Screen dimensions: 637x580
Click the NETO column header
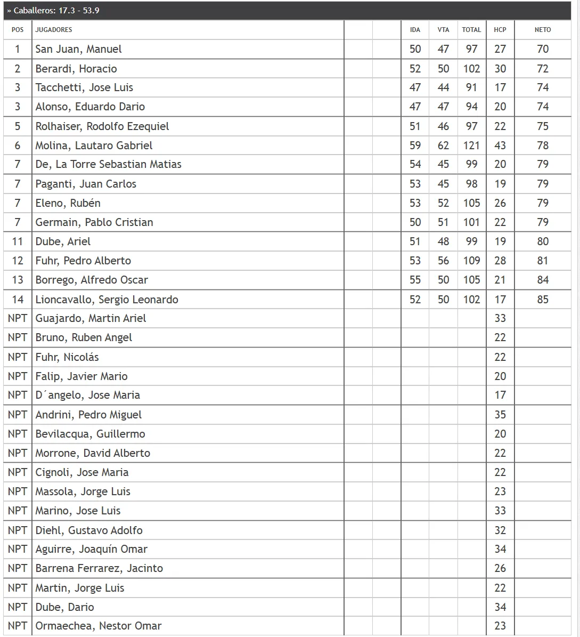tap(542, 30)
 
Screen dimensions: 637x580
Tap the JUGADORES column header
tap(54, 30)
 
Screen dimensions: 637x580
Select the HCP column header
tap(500, 30)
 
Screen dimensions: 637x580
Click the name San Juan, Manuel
tap(78, 49)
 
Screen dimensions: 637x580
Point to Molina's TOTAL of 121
tap(471, 146)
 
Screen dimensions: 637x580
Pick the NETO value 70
tap(542, 49)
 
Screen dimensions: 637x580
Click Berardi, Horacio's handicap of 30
tap(500, 69)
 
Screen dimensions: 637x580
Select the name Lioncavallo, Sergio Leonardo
tap(107, 300)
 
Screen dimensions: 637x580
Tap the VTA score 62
tap(443, 146)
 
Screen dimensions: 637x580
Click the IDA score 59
tap(415, 146)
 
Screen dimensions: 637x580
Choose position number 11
tap(18, 241)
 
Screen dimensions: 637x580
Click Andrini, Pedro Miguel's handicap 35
tap(500, 415)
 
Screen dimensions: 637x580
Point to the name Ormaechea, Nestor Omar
tap(98, 626)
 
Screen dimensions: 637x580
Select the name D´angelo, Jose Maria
tap(87, 395)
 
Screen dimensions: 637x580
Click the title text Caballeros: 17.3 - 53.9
tap(56, 11)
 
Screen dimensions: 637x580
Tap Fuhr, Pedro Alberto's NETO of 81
tap(542, 261)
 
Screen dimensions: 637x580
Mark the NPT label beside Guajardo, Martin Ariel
tap(18, 318)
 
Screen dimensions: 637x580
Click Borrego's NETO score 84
tap(542, 280)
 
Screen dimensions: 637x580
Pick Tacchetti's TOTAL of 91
tap(471, 87)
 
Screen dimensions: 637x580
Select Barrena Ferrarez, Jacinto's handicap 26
tap(500, 568)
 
